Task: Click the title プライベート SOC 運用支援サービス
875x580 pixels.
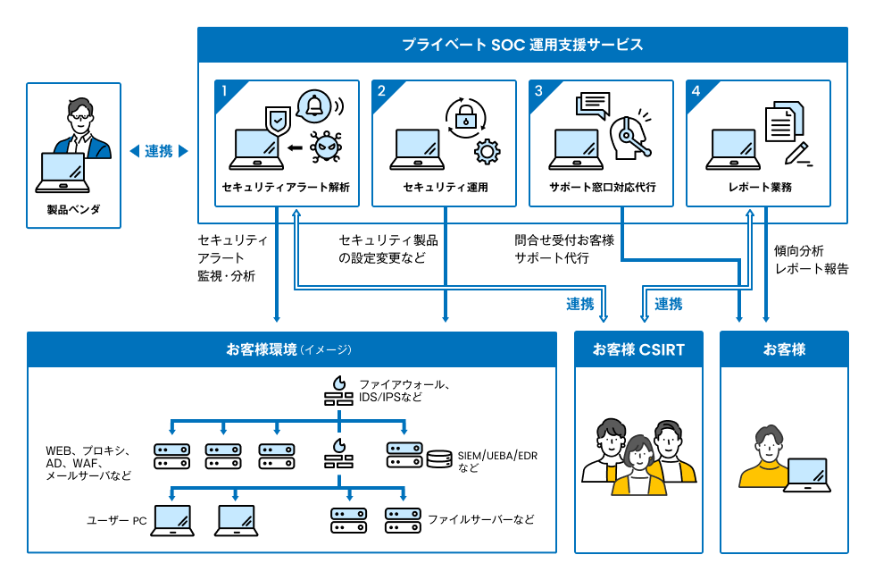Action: [522, 45]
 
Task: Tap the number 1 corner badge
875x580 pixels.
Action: [225, 90]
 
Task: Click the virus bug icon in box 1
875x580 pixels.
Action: [325, 147]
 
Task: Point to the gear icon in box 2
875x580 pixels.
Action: [486, 151]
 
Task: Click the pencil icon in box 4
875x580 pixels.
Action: [797, 152]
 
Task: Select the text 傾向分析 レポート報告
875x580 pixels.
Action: [811, 259]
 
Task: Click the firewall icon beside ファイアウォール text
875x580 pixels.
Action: [337, 391]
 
